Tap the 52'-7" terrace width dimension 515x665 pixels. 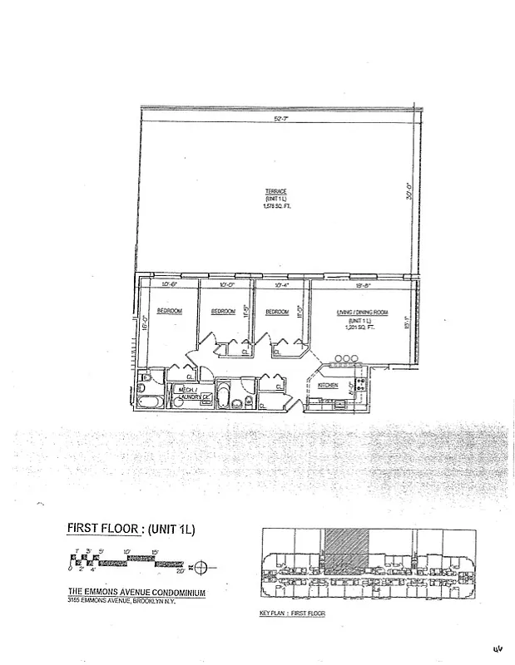tap(275, 120)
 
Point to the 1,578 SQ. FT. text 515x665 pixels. tap(275, 206)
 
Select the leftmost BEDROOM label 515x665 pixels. tap(169, 312)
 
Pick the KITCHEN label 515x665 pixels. tap(328, 385)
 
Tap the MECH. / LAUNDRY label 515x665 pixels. tap(189, 393)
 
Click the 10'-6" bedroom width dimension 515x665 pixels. tap(169, 285)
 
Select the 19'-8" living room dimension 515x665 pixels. tap(359, 285)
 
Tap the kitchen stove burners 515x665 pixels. tap(361, 384)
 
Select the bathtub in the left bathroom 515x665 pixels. tap(151, 403)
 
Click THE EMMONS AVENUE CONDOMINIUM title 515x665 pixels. tap(136, 593)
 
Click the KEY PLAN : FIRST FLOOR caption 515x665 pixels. tap(293, 613)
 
